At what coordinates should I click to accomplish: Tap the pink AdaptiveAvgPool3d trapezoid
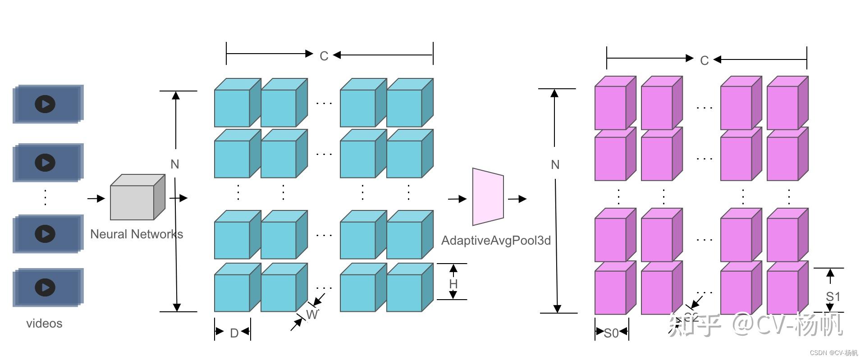click(x=488, y=197)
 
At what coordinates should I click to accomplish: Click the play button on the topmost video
click(x=45, y=104)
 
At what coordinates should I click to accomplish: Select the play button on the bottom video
click(x=45, y=287)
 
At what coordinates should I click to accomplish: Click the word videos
click(x=44, y=324)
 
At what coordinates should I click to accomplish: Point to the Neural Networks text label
click(x=137, y=234)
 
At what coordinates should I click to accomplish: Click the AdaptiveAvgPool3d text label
click(x=496, y=241)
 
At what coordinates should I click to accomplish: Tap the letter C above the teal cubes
click(x=324, y=56)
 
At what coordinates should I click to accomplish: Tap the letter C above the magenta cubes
click(x=704, y=60)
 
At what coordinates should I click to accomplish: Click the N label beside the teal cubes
click(x=175, y=164)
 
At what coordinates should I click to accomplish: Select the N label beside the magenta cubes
click(x=555, y=165)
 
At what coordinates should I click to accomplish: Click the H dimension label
click(x=453, y=284)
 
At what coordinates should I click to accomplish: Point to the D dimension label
click(x=234, y=333)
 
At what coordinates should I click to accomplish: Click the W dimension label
click(x=311, y=314)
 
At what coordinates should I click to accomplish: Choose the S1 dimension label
click(x=833, y=296)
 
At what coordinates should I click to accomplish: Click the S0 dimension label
click(x=611, y=333)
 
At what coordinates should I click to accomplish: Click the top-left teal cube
click(x=233, y=107)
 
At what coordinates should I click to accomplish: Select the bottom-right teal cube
click(x=405, y=292)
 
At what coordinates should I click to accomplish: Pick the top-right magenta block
click(x=783, y=107)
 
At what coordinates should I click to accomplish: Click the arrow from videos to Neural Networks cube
click(x=96, y=198)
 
